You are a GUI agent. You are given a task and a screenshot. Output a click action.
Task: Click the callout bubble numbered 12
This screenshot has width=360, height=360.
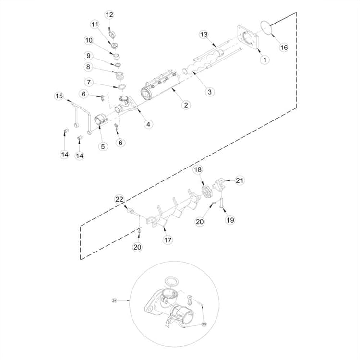pyautogui.click(x=109, y=15)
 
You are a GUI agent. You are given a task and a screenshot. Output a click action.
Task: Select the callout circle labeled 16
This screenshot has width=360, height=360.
pyautogui.click(x=284, y=47)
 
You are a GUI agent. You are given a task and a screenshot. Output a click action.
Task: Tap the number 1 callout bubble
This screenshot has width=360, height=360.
pyautogui.click(x=264, y=60)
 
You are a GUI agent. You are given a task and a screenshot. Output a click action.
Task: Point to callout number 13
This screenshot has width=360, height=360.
pyautogui.click(x=204, y=35)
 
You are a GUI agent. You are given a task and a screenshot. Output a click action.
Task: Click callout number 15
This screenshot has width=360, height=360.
pyautogui.click(x=59, y=96)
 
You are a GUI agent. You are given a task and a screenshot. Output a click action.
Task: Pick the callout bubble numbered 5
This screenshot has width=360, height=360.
pyautogui.click(x=103, y=146)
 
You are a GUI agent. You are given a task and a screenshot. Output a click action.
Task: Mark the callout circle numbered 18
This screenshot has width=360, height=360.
pyautogui.click(x=198, y=170)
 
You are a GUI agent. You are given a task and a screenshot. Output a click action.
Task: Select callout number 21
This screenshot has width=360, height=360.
pyautogui.click(x=240, y=180)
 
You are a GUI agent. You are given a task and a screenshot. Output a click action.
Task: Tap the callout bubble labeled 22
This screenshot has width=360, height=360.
pyautogui.click(x=119, y=199)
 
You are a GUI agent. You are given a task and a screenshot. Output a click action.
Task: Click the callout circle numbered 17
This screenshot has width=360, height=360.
pyautogui.click(x=168, y=240)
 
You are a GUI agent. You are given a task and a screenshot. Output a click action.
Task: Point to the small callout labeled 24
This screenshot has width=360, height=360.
pyautogui.click(x=114, y=300)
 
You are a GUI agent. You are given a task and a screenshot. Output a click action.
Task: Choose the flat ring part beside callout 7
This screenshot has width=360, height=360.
pyautogui.click(x=121, y=86)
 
